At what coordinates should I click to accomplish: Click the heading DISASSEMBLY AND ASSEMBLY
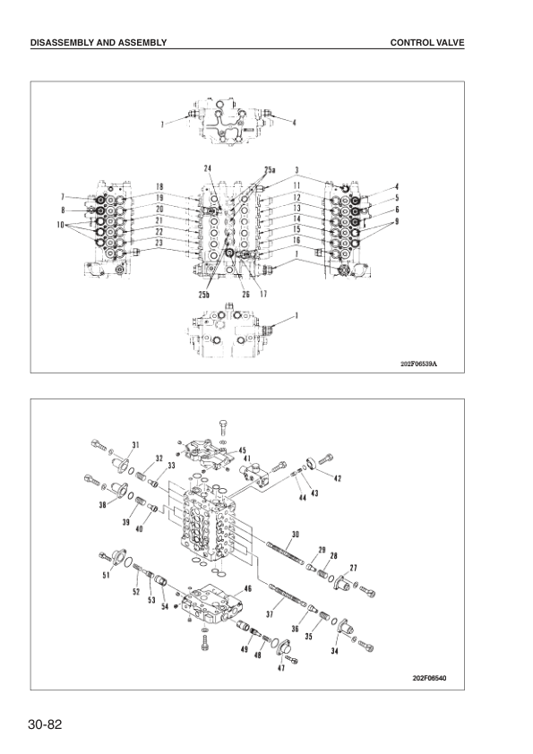pos(99,42)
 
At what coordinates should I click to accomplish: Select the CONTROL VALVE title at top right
pos(427,42)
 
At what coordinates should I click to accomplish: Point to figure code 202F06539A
pos(424,364)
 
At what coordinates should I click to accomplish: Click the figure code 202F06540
pos(424,677)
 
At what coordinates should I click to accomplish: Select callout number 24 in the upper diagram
pos(208,168)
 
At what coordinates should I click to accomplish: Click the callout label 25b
pos(204,294)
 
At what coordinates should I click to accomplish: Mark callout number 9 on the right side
pos(397,220)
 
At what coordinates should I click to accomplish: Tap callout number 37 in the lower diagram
pos(269,614)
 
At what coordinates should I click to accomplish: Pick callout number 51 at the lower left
pos(107,576)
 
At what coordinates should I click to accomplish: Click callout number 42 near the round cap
pos(337,479)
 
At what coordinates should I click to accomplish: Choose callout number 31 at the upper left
pos(136,445)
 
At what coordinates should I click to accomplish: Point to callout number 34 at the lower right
pos(334,651)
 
